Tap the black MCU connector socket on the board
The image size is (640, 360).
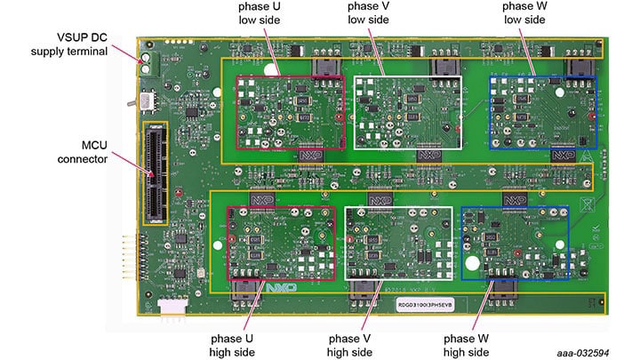tap(156, 172)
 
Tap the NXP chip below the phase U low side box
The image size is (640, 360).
tap(311, 152)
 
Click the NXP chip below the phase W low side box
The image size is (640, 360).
tap(563, 153)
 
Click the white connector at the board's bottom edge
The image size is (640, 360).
tap(170, 306)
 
